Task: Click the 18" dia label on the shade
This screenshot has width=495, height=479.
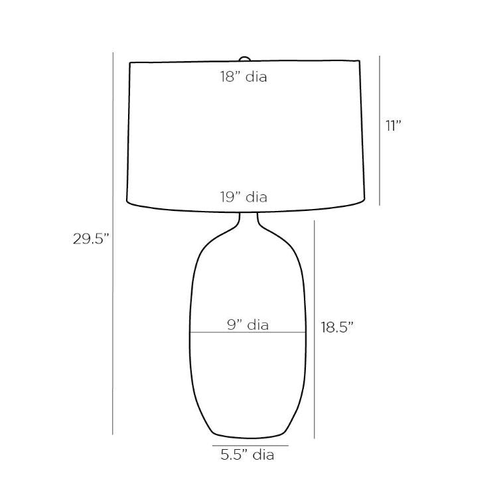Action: tap(244, 77)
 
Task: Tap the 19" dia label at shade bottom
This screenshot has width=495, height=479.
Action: tap(244, 197)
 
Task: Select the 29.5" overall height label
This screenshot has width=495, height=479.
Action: tap(90, 239)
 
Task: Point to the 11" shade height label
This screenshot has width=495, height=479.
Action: tap(394, 125)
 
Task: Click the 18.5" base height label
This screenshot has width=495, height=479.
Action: tap(337, 327)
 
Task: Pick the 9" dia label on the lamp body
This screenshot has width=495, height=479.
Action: tap(247, 324)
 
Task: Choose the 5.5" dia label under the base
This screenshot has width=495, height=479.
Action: tap(247, 455)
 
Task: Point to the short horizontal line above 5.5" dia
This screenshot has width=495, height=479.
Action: tap(250, 445)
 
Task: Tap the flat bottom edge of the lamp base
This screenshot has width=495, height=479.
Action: tap(251, 437)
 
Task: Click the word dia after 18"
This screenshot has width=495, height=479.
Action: tap(256, 77)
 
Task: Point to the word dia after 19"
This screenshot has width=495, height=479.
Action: tap(256, 197)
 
